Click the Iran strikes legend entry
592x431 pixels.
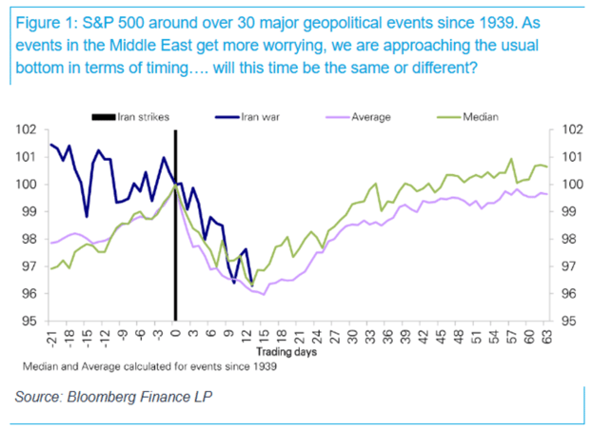click(x=141, y=116)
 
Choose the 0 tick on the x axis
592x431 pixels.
click(x=175, y=332)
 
